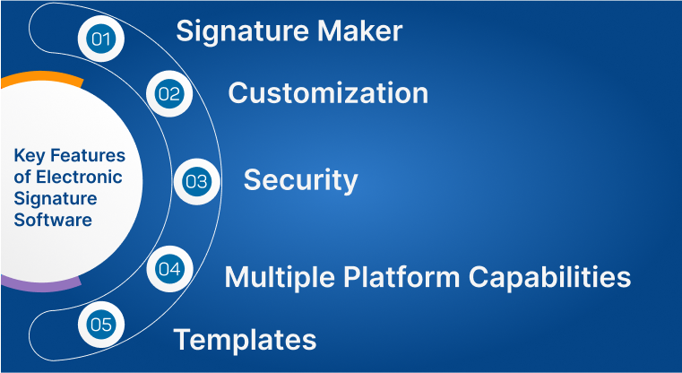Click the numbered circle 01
click(x=100, y=39)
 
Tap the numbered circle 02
click(x=168, y=92)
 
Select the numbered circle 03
click(x=195, y=181)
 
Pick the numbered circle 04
click(x=168, y=268)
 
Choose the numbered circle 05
click(x=100, y=324)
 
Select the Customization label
click(x=328, y=92)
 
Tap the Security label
click(x=300, y=179)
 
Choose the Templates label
click(x=245, y=340)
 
